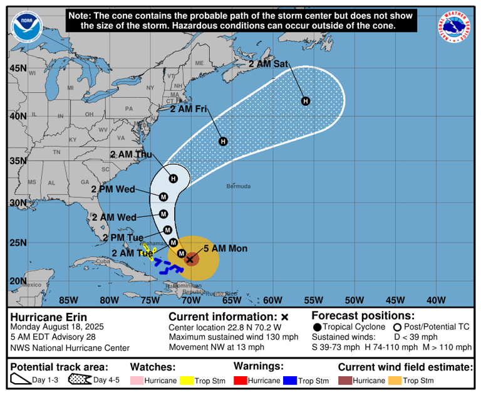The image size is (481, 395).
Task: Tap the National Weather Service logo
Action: [x=455, y=28]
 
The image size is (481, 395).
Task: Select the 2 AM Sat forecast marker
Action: [x=306, y=101]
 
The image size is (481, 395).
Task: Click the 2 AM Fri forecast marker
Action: [x=223, y=141]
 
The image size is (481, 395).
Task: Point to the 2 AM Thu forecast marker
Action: [x=173, y=179]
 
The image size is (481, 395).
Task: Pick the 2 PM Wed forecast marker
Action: [x=163, y=197]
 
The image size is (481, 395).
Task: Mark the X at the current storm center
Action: [x=190, y=259]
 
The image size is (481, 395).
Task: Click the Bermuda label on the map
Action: [x=239, y=186]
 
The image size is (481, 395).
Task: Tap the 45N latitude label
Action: [x=18, y=68]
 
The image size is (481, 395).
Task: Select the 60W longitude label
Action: [x=272, y=299]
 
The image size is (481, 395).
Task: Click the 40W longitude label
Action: [x=436, y=299]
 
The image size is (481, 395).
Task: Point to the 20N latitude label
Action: [x=18, y=281]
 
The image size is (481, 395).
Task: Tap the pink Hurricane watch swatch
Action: [x=137, y=381]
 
